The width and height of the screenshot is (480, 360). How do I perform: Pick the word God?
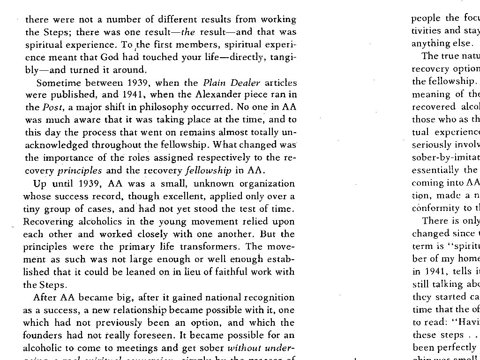pos(109,57)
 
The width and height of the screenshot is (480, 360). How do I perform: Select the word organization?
pos(266,183)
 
